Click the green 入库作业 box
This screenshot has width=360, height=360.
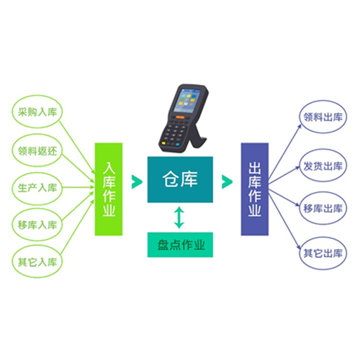pyautogui.click(x=109, y=189)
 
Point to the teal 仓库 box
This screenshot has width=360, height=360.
pyautogui.click(x=180, y=179)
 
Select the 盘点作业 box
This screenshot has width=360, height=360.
pyautogui.click(x=180, y=245)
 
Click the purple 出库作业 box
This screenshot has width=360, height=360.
pyautogui.click(x=255, y=189)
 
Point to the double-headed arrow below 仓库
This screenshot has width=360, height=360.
pyautogui.click(x=179, y=217)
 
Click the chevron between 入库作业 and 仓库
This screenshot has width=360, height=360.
pyautogui.click(x=137, y=181)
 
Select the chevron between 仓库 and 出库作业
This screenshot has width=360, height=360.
pyautogui.click(x=227, y=181)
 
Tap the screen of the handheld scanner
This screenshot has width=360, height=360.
pyautogui.click(x=186, y=100)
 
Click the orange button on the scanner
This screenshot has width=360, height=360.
pyautogui.click(x=180, y=117)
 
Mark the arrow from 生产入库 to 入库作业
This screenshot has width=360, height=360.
pyautogui.click(x=78, y=187)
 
